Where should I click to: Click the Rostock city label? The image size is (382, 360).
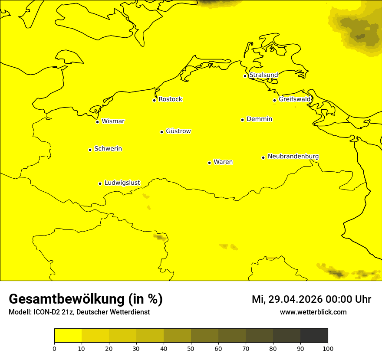pos(170,99)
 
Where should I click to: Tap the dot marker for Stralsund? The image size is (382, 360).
pos(245,76)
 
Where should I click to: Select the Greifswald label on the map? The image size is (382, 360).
pos(295,99)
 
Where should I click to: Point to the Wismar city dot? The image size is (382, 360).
pos(98,122)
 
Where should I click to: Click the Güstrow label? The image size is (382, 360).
pos(178,131)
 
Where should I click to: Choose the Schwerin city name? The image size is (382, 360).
pos(108,149)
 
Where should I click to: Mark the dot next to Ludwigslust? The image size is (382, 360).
pos(100,183)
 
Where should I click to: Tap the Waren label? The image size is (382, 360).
pos(223,162)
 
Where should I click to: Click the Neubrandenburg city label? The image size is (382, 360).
pos(293,156)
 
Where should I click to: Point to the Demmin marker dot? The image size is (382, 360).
pos(242,120)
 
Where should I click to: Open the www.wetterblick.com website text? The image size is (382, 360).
pos(313,312)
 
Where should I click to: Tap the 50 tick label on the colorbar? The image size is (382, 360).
pos(191,348)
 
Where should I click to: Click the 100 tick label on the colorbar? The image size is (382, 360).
pos(328,348)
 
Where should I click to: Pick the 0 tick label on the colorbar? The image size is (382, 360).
pos(54,348)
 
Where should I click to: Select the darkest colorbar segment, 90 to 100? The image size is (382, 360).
pos(314,336)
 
